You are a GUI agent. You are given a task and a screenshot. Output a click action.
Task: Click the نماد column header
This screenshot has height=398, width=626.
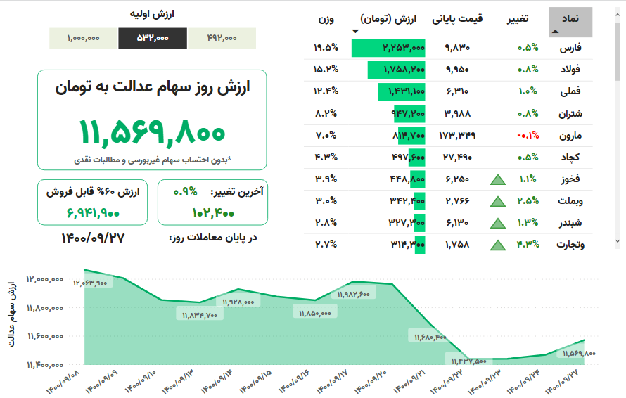[570, 19]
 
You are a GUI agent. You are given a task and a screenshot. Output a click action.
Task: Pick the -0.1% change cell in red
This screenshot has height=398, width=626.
[528, 135]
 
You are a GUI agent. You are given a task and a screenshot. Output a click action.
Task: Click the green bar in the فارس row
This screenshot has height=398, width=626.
[388, 48]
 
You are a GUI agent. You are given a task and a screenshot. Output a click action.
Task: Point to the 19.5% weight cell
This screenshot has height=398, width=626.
[326, 48]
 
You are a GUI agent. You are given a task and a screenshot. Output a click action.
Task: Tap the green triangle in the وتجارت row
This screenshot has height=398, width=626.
[498, 245]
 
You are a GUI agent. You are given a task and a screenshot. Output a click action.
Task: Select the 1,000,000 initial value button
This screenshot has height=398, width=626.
[84, 38]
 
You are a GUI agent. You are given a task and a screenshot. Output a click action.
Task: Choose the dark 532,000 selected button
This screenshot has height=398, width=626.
[153, 38]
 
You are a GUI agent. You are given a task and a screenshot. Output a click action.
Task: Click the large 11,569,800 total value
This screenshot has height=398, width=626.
[152, 131]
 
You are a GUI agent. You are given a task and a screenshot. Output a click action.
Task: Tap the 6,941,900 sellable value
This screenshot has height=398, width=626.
[94, 212]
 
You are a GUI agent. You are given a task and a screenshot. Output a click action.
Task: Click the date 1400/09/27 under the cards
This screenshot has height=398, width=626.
[94, 238]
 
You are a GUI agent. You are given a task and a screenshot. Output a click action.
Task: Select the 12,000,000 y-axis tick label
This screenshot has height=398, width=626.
[46, 279]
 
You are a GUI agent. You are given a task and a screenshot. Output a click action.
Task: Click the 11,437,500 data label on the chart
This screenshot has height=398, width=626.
[466, 361]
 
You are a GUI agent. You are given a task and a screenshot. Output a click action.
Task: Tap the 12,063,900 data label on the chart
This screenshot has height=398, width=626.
[90, 283]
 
